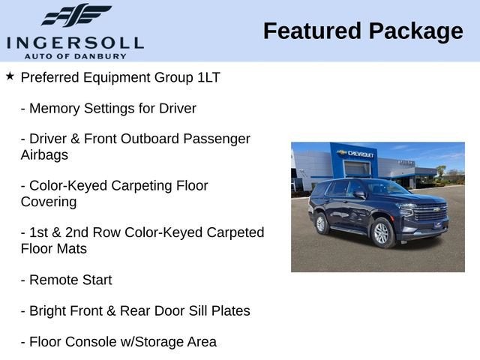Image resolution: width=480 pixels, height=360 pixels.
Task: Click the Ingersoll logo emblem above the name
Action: (x=75, y=16)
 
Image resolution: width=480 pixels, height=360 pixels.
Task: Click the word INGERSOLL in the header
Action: (x=75, y=42)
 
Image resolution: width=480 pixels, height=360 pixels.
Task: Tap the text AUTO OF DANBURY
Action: (x=75, y=55)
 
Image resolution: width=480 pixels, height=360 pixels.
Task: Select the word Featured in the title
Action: (x=311, y=31)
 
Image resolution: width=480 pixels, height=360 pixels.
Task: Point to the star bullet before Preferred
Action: (x=10, y=76)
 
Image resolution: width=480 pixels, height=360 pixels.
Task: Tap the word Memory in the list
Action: (x=55, y=108)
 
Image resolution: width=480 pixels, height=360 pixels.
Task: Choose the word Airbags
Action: (x=44, y=155)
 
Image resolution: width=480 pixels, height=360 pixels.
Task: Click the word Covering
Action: (x=49, y=202)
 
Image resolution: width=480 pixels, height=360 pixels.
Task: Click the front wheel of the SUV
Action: (x=382, y=232)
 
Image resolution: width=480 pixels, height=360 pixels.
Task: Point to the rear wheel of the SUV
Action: (x=321, y=223)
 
